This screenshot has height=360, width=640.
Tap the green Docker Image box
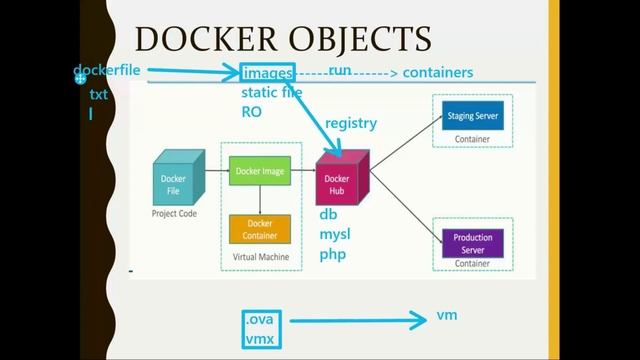(x=260, y=171)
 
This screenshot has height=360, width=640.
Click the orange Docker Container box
(x=260, y=229)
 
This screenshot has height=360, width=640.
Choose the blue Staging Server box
(x=472, y=116)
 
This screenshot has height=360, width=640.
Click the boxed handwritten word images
(x=268, y=73)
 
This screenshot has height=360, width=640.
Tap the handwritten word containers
(x=438, y=73)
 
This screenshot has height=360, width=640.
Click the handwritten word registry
(x=351, y=124)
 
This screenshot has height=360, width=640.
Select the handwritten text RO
(x=251, y=112)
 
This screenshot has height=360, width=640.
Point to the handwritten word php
(x=332, y=254)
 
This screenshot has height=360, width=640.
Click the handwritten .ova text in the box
(x=264, y=321)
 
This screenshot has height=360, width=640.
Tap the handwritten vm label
(x=447, y=315)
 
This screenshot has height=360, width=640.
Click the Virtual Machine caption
(x=260, y=257)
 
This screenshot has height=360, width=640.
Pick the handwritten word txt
(x=98, y=95)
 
